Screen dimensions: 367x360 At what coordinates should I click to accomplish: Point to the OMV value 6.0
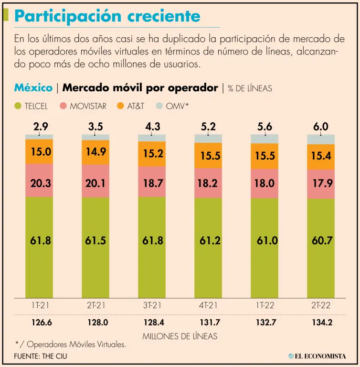321,127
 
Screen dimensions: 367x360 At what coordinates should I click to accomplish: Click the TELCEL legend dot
18,106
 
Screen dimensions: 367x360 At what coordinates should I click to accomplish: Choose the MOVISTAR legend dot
63,106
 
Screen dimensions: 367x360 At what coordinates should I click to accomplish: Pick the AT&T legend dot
120,106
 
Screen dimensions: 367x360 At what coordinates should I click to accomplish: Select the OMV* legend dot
159,106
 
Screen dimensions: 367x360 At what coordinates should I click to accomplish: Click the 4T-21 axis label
208,305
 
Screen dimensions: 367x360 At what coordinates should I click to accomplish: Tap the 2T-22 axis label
321,305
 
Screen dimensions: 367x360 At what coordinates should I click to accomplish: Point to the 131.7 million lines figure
208,322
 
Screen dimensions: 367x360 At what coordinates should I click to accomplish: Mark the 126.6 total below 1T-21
40,322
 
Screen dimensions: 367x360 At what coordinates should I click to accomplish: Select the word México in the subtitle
33,87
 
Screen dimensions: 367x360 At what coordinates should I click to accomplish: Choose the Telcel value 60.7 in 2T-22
322,241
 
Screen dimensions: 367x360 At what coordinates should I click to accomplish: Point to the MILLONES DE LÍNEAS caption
180,336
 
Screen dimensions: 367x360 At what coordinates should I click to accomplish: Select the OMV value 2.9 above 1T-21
40,127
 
